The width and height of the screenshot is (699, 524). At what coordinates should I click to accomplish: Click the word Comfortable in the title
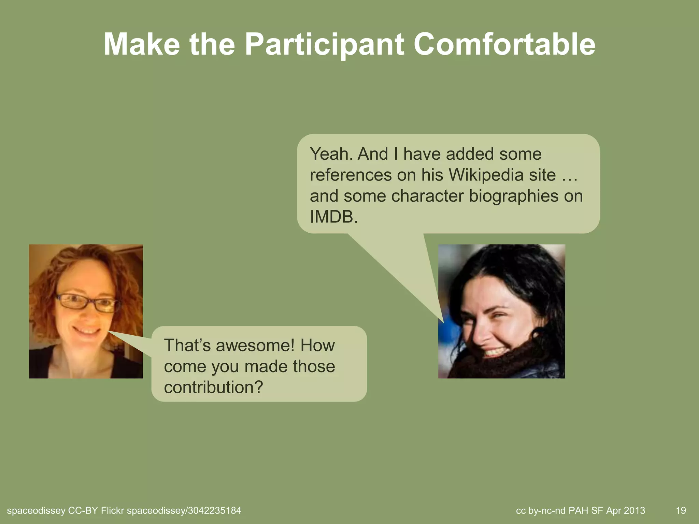504,45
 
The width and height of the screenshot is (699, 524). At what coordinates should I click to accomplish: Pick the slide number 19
681,511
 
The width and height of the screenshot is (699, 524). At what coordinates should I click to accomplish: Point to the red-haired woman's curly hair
44,290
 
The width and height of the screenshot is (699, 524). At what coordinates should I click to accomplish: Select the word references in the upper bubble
351,175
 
